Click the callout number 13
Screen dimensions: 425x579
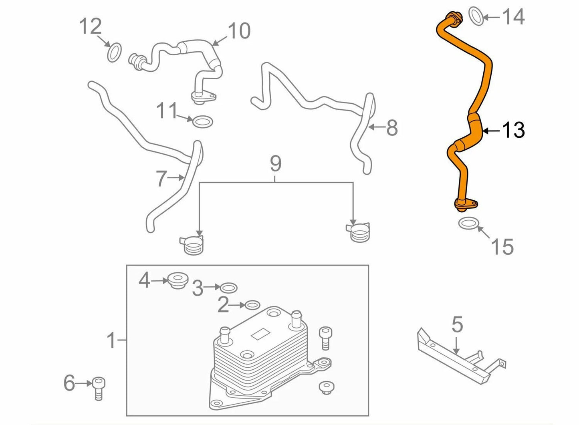(513, 130)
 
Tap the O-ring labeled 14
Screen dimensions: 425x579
(476, 16)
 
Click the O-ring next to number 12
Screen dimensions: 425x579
(115, 52)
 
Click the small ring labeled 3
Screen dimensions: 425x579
(229, 287)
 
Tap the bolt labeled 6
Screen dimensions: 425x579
(98, 387)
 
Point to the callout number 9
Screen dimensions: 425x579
(276, 164)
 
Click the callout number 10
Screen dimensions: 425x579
(239, 31)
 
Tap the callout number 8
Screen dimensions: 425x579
(391, 128)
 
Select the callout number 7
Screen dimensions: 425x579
(161, 179)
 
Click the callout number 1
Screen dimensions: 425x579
(111, 340)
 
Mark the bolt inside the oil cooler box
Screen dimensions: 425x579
(325, 337)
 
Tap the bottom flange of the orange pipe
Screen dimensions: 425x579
(465, 204)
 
